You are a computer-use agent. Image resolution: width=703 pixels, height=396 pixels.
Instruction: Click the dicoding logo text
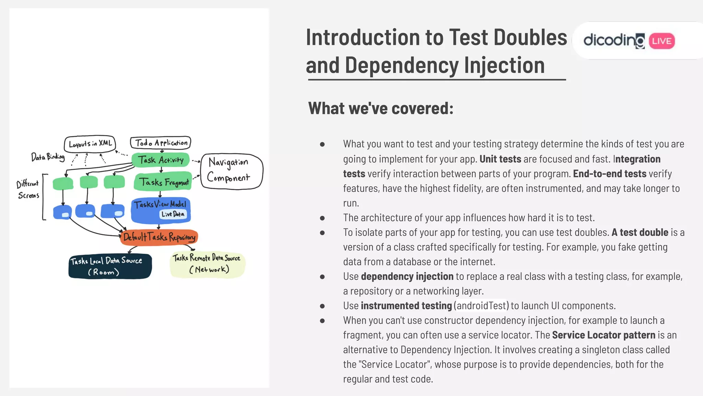tap(614, 41)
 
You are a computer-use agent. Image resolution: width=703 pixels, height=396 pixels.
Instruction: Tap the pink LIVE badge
tap(661, 41)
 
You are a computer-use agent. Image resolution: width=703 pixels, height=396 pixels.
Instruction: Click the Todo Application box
tap(160, 143)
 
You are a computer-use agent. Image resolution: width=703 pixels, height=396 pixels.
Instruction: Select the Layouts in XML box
tap(90, 143)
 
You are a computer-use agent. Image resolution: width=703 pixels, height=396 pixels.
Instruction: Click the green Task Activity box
tap(161, 160)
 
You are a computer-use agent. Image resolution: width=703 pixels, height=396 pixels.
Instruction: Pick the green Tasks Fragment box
tap(163, 182)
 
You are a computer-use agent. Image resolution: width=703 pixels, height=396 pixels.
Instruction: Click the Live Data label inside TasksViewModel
tap(173, 214)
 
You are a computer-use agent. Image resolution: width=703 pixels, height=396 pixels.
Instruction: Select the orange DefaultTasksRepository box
tap(159, 237)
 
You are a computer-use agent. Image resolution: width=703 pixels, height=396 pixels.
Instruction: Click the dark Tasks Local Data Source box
tap(110, 266)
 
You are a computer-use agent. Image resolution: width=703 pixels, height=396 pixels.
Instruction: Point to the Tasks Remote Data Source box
tap(207, 264)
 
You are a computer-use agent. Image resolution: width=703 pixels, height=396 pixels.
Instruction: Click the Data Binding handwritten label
tap(48, 157)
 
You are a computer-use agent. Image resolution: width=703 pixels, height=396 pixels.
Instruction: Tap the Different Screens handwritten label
tap(28, 190)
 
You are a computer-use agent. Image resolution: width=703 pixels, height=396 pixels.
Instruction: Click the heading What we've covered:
tap(381, 108)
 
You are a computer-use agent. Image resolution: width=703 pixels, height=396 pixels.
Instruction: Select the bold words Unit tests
tap(500, 159)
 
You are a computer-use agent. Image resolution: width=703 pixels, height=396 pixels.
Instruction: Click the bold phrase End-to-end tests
tap(609, 174)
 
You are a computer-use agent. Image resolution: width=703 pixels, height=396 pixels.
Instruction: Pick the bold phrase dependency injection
tap(407, 276)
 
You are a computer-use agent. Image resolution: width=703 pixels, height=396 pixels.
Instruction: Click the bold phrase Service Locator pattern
tap(603, 335)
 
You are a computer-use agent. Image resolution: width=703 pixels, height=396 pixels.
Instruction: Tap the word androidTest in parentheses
tap(482, 306)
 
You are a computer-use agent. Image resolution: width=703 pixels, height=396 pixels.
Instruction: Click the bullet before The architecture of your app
tap(322, 218)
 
